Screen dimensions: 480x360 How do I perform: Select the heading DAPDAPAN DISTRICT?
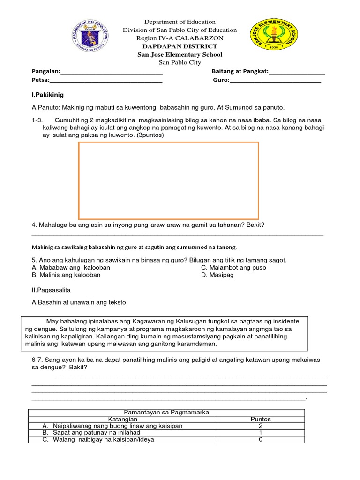tap(180, 46)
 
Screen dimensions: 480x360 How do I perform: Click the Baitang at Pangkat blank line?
tap(297, 72)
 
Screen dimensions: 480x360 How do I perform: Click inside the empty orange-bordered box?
tap(168, 180)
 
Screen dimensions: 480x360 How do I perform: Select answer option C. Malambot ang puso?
tap(233, 268)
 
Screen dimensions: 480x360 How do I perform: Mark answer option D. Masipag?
tap(217, 275)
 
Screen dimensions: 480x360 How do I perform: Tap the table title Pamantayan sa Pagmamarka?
tap(166, 412)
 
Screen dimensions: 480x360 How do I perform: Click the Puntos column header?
tap(261, 420)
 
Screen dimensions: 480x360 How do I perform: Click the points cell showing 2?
tap(261, 426)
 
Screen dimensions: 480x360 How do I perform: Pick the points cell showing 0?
tap(261, 440)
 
